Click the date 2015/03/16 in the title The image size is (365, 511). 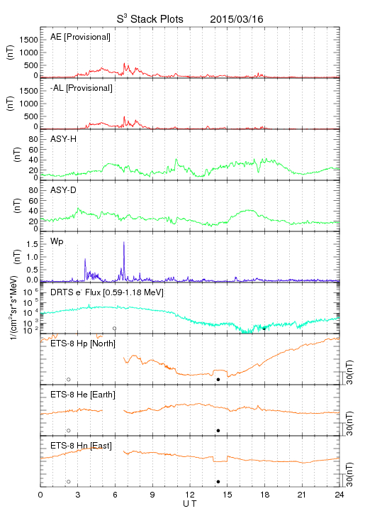pyautogui.click(x=237, y=19)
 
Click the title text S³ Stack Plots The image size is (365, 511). pyautogui.click(x=150, y=19)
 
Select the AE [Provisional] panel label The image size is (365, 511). pyautogui.click(x=80, y=37)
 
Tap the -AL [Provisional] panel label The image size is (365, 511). pyautogui.click(x=82, y=88)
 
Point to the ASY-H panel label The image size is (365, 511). pyautogui.click(x=64, y=139)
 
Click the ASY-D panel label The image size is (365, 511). pyautogui.click(x=64, y=190)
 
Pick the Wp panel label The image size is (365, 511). pyautogui.click(x=57, y=242)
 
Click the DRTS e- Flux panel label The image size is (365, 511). pyautogui.click(x=107, y=292)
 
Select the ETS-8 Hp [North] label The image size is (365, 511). pyautogui.click(x=83, y=344)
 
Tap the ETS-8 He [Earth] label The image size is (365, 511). pyautogui.click(x=83, y=395)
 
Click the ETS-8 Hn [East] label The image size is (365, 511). pyautogui.click(x=81, y=446)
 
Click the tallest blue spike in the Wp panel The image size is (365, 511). pyautogui.click(x=124, y=242)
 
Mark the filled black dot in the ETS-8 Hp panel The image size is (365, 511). pyautogui.click(x=218, y=379)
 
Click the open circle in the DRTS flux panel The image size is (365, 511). pyautogui.click(x=115, y=329)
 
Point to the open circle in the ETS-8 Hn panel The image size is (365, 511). pyautogui.click(x=69, y=482)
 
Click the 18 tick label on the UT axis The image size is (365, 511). pyautogui.click(x=265, y=495)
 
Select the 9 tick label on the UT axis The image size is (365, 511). pyautogui.click(x=152, y=495)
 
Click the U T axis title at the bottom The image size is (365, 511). pyautogui.click(x=190, y=504)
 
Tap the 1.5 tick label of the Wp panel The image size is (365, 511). pyautogui.click(x=33, y=244)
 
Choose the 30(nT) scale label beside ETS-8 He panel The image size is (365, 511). pyautogui.click(x=349, y=424)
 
